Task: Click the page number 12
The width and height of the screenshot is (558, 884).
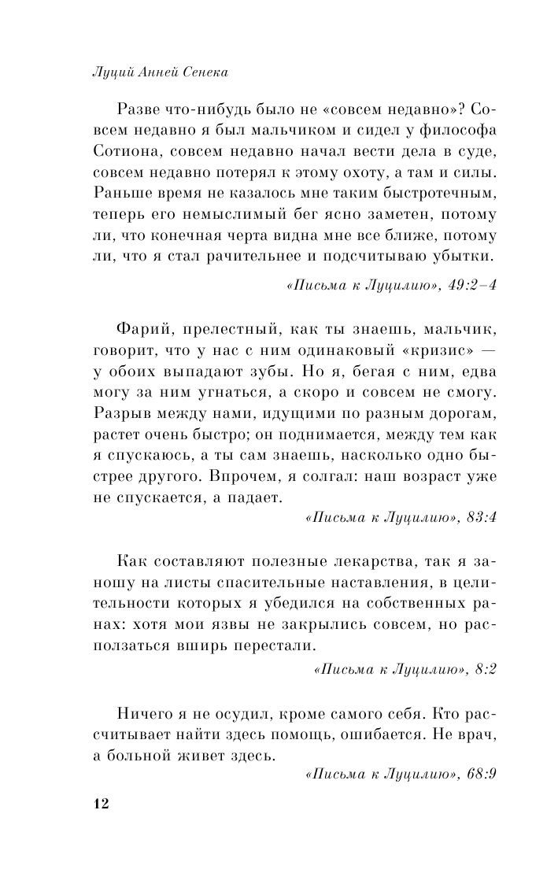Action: click(x=99, y=803)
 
